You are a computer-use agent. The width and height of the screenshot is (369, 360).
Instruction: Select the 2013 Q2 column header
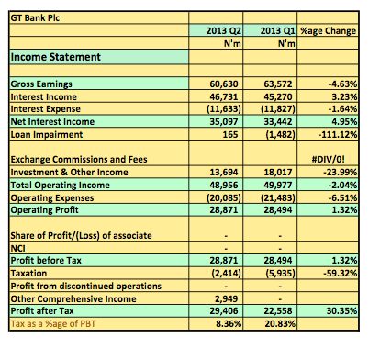pos(223,30)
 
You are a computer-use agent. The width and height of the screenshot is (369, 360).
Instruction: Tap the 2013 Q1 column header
pos(277,30)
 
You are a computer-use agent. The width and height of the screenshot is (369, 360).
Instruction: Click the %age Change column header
pos(329,30)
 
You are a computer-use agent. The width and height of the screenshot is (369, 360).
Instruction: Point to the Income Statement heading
pos(55,57)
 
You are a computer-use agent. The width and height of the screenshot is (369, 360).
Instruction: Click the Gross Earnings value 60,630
pos(224,84)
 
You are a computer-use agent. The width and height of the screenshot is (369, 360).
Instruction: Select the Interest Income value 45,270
pos(278,96)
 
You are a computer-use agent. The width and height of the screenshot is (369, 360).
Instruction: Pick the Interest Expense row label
pos(46,109)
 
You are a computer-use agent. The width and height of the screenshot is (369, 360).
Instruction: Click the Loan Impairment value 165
pos(230,134)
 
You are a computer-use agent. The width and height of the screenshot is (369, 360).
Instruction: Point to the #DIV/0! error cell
pos(328,160)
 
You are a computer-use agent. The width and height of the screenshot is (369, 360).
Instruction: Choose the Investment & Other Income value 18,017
pos(278,172)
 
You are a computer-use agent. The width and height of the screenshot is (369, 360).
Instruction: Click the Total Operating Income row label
pos(61,186)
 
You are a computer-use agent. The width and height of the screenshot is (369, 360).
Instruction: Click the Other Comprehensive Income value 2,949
pos(227,298)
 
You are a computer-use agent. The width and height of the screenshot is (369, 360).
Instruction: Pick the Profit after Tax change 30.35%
pos(341,311)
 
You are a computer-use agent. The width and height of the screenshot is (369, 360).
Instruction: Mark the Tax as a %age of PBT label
pos(53,324)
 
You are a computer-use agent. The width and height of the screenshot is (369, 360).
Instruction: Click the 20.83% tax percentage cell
pos(280,324)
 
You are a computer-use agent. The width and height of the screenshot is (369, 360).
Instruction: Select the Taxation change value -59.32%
pos(341,273)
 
